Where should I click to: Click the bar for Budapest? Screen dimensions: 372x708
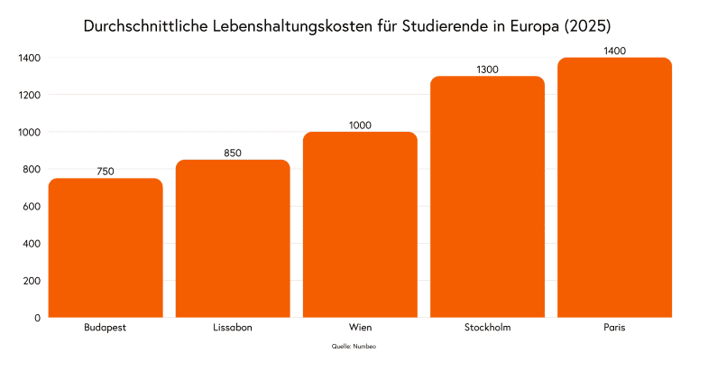pos(106,247)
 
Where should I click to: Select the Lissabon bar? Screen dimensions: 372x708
pos(233,238)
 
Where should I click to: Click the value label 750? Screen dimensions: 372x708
pos(106,172)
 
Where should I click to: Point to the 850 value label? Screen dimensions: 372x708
pos(233,153)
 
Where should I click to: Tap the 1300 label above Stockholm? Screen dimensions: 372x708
pos(487,70)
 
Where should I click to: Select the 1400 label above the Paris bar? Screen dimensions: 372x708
pos(614,51)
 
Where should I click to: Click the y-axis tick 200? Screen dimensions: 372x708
pos(32,281)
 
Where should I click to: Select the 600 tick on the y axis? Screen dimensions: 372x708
pos(32,207)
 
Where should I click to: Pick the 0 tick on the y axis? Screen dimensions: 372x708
pos(37,318)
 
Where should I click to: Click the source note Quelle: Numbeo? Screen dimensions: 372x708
pos(354,347)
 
